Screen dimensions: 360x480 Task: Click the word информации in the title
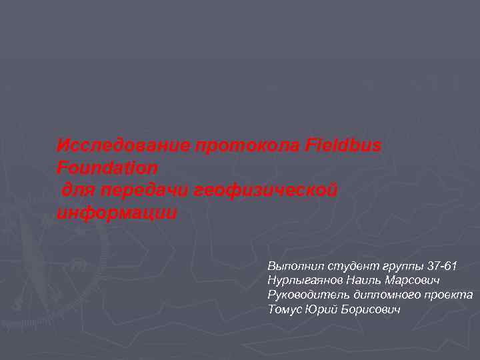click(x=117, y=214)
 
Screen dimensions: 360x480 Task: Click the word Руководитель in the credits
click(x=305, y=295)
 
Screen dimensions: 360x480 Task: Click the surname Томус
click(x=283, y=310)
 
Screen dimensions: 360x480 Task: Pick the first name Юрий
click(x=321, y=310)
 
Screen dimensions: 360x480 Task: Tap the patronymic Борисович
click(x=370, y=310)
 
